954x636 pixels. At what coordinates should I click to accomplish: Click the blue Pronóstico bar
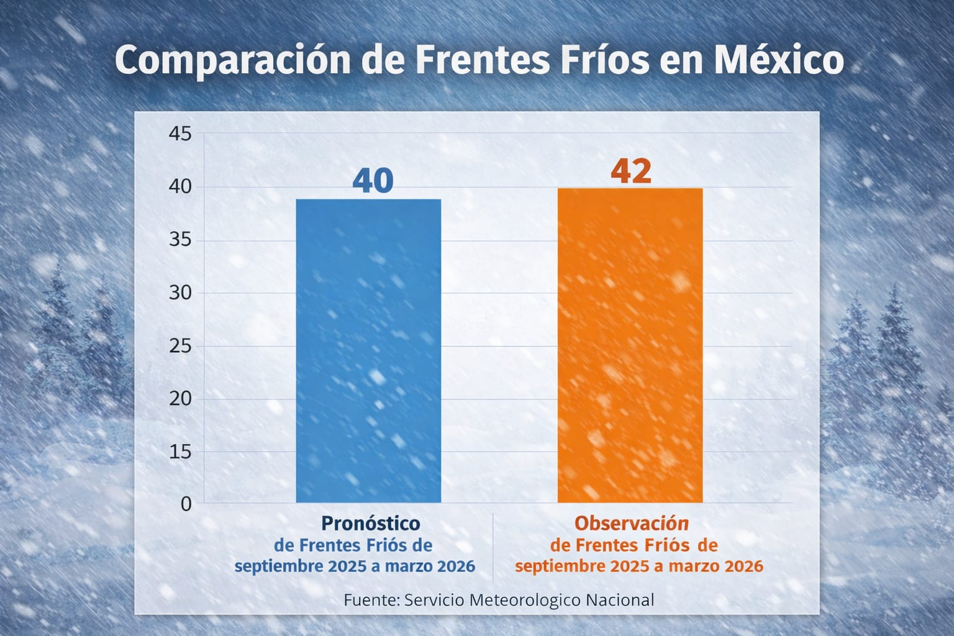point(368,351)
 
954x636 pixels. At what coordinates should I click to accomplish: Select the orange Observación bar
point(630,345)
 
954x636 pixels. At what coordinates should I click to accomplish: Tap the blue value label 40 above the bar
point(373,181)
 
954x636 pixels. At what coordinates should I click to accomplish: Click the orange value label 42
point(631,171)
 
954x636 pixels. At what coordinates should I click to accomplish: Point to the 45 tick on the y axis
point(180,134)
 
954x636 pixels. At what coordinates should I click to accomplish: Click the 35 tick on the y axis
point(180,240)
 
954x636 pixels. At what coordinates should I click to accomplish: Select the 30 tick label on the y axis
point(180,293)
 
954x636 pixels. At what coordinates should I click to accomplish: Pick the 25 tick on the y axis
point(180,346)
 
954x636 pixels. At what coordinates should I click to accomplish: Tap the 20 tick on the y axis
point(180,399)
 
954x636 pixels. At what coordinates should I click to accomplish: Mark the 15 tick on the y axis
point(180,452)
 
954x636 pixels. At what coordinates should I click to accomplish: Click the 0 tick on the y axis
point(186,504)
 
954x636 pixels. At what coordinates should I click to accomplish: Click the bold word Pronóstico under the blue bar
point(370,524)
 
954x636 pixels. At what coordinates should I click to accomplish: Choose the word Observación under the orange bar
point(632,524)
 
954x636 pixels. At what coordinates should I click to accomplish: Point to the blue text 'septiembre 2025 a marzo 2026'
point(355,566)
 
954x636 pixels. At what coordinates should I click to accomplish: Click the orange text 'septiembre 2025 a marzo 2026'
point(639,566)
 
